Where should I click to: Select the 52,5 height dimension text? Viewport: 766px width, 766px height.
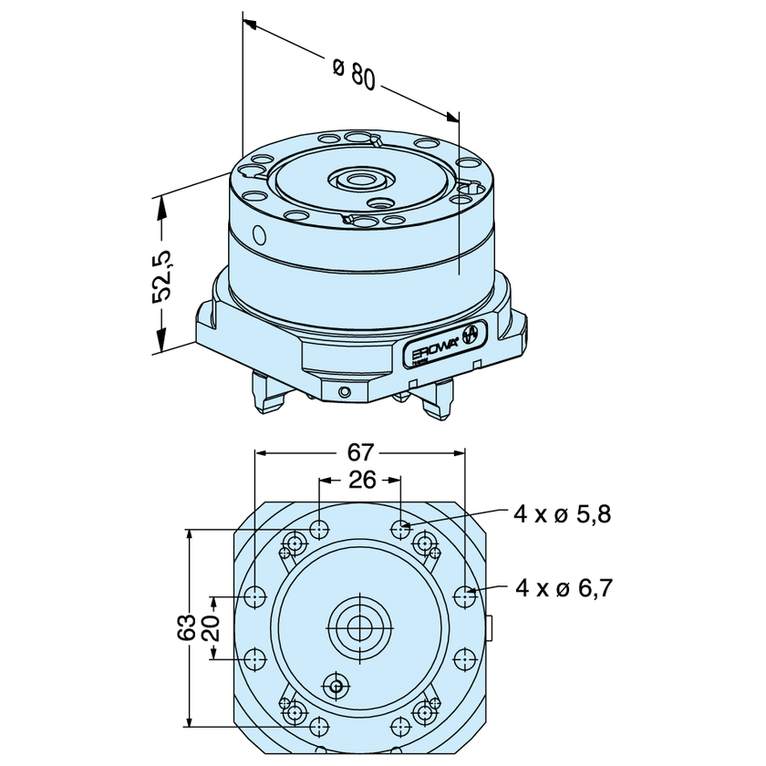[162, 275]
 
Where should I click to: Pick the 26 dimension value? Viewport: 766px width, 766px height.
[362, 480]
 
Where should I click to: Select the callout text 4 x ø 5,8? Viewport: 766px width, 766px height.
[561, 514]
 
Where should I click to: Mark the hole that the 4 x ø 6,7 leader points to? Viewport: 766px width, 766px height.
[466, 596]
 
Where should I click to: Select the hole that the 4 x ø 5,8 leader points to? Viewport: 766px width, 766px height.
[403, 527]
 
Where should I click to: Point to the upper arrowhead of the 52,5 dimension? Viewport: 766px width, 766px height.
[162, 203]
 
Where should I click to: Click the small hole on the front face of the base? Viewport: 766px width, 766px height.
[344, 393]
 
